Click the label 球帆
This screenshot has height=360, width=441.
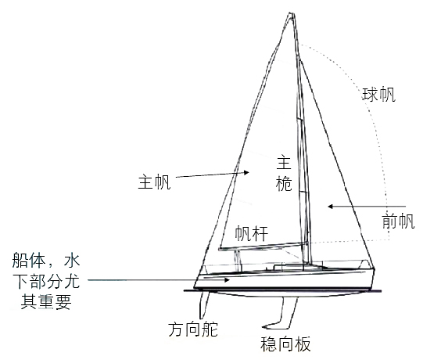tap(378, 95)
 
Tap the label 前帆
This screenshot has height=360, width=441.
tap(398, 221)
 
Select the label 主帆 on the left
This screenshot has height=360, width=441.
tap(154, 182)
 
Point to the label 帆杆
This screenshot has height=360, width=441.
tap(252, 234)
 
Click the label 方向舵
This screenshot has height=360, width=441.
tap(193, 329)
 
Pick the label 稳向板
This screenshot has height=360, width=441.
tap(285, 344)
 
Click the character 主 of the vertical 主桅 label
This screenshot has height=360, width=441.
tap(284, 163)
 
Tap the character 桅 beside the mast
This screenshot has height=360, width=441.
tap(284, 184)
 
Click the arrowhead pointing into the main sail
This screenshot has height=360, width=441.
tap(246, 172)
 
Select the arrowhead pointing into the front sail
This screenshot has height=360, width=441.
tap(331, 207)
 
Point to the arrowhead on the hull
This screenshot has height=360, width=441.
tap(227, 279)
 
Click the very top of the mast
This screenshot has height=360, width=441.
tap(292, 13)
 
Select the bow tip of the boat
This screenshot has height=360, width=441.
tap(375, 269)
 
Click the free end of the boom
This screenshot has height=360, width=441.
tap(220, 249)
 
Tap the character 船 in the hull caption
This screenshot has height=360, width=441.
tap(20, 260)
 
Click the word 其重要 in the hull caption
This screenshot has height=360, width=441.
tap(46, 302)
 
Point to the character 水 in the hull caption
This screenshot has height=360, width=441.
tap(72, 260)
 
